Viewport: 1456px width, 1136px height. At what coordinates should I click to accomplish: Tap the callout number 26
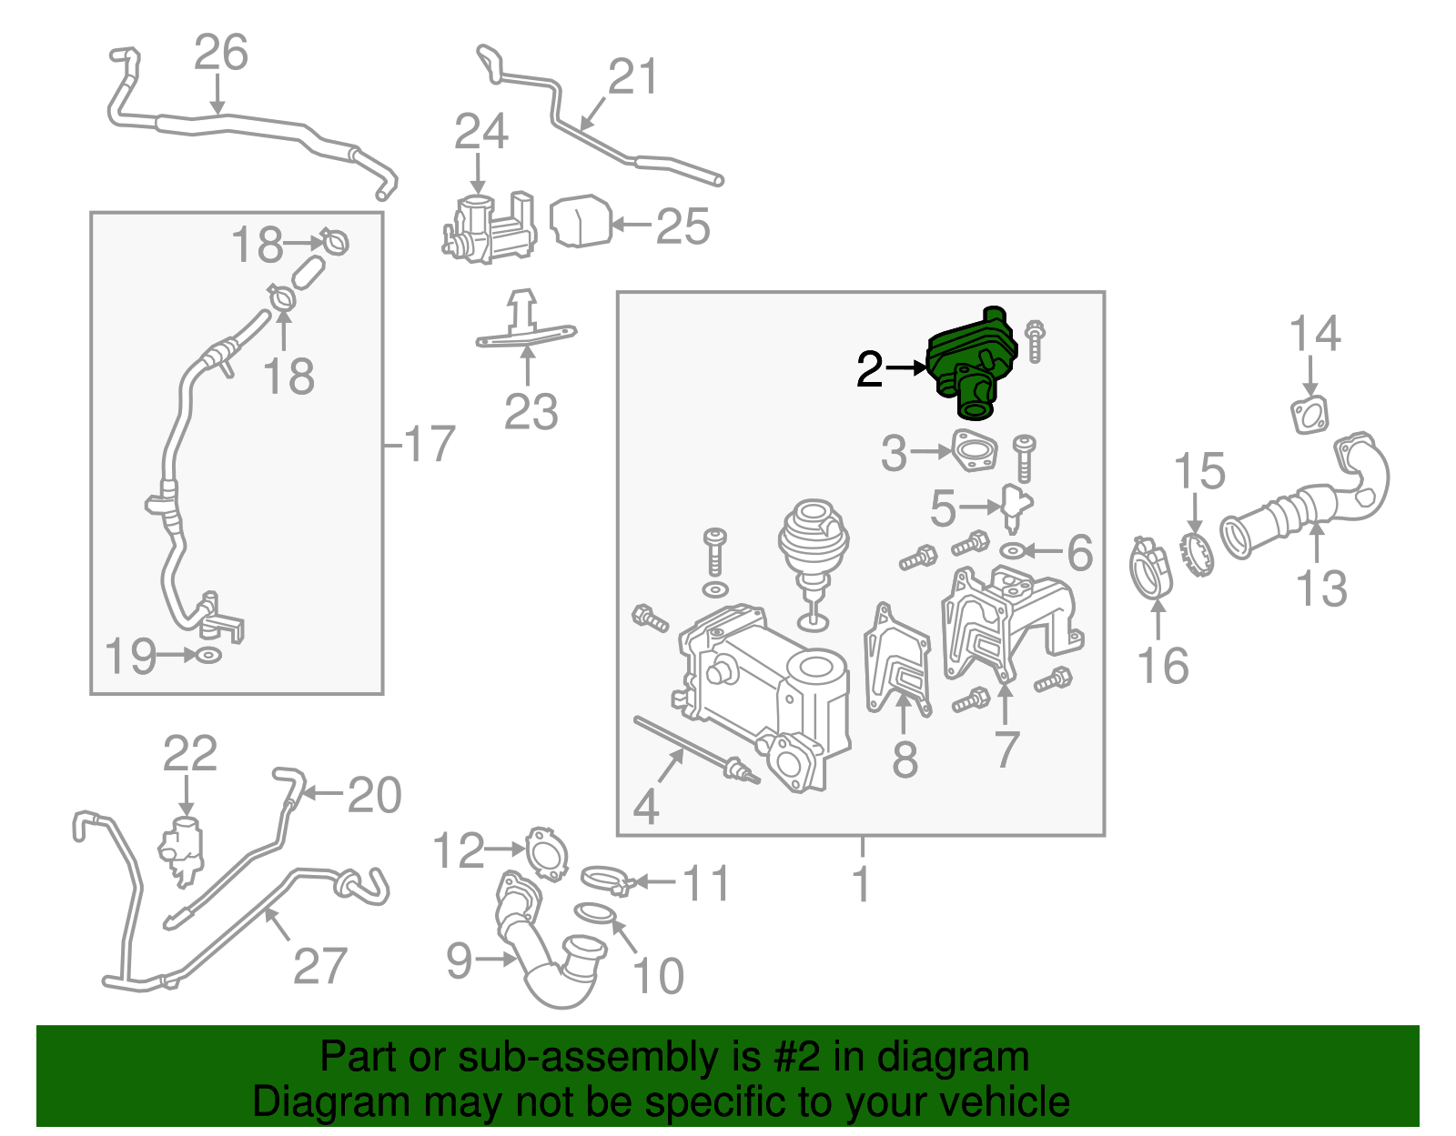click(x=221, y=52)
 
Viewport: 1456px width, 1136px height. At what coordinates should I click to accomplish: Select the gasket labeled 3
click(x=975, y=450)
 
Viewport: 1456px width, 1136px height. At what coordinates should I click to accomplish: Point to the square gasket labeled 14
click(x=1309, y=415)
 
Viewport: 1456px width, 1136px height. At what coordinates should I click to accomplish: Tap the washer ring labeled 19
click(x=209, y=655)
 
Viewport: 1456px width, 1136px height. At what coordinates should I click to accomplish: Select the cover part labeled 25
click(x=581, y=221)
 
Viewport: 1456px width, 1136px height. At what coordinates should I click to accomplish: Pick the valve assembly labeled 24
click(x=489, y=227)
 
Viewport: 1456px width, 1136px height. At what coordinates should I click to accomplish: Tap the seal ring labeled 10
click(x=595, y=913)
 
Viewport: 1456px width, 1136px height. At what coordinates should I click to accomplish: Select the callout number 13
click(x=1321, y=588)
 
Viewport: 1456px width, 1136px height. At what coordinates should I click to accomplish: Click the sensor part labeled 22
click(x=181, y=849)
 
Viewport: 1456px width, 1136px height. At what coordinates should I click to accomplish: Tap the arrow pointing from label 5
click(x=979, y=508)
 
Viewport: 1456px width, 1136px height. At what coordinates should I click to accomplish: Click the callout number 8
click(x=905, y=759)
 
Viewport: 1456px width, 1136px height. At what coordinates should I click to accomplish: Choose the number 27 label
click(x=319, y=965)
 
